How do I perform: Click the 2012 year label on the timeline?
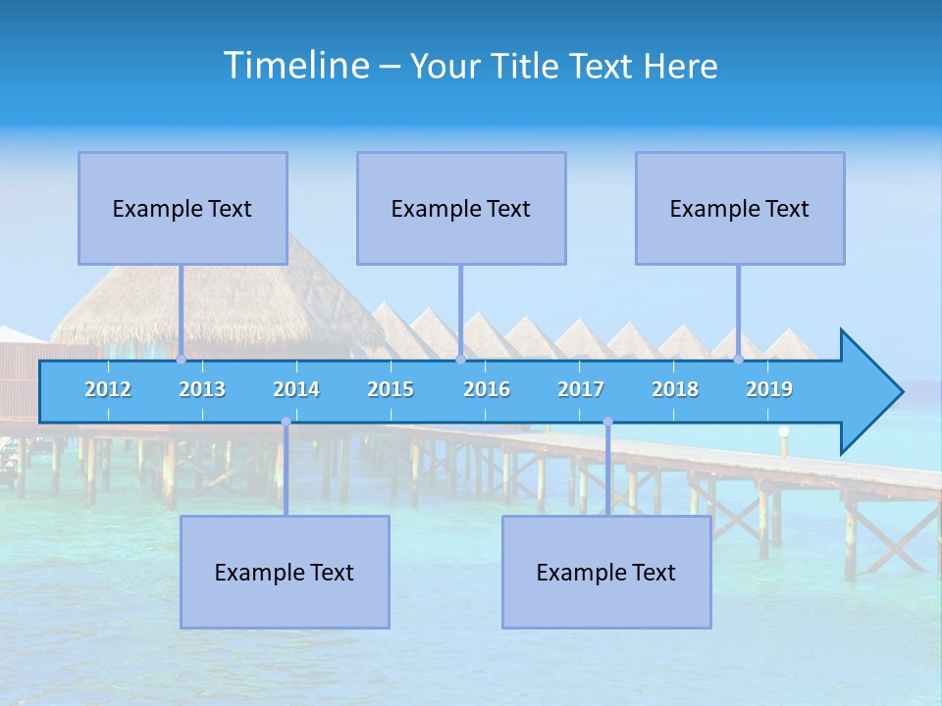click(x=108, y=389)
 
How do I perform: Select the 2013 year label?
click(x=202, y=389)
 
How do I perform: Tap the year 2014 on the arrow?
click(x=296, y=389)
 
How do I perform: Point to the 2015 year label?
click(x=391, y=389)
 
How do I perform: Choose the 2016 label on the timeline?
click(x=487, y=389)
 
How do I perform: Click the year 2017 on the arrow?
click(x=581, y=389)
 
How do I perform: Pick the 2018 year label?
click(x=675, y=389)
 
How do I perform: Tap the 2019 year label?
click(x=769, y=389)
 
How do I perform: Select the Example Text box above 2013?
click(x=183, y=208)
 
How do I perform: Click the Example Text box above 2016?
click(x=461, y=208)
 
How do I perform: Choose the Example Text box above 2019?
click(x=740, y=208)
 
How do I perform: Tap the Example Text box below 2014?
click(x=285, y=572)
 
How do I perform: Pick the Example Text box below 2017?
click(x=606, y=572)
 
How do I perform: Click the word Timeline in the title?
click(x=295, y=65)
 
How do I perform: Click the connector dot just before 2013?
click(x=182, y=360)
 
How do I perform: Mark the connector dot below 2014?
click(x=286, y=422)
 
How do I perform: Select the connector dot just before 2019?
click(x=739, y=360)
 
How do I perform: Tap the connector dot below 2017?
click(x=607, y=422)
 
